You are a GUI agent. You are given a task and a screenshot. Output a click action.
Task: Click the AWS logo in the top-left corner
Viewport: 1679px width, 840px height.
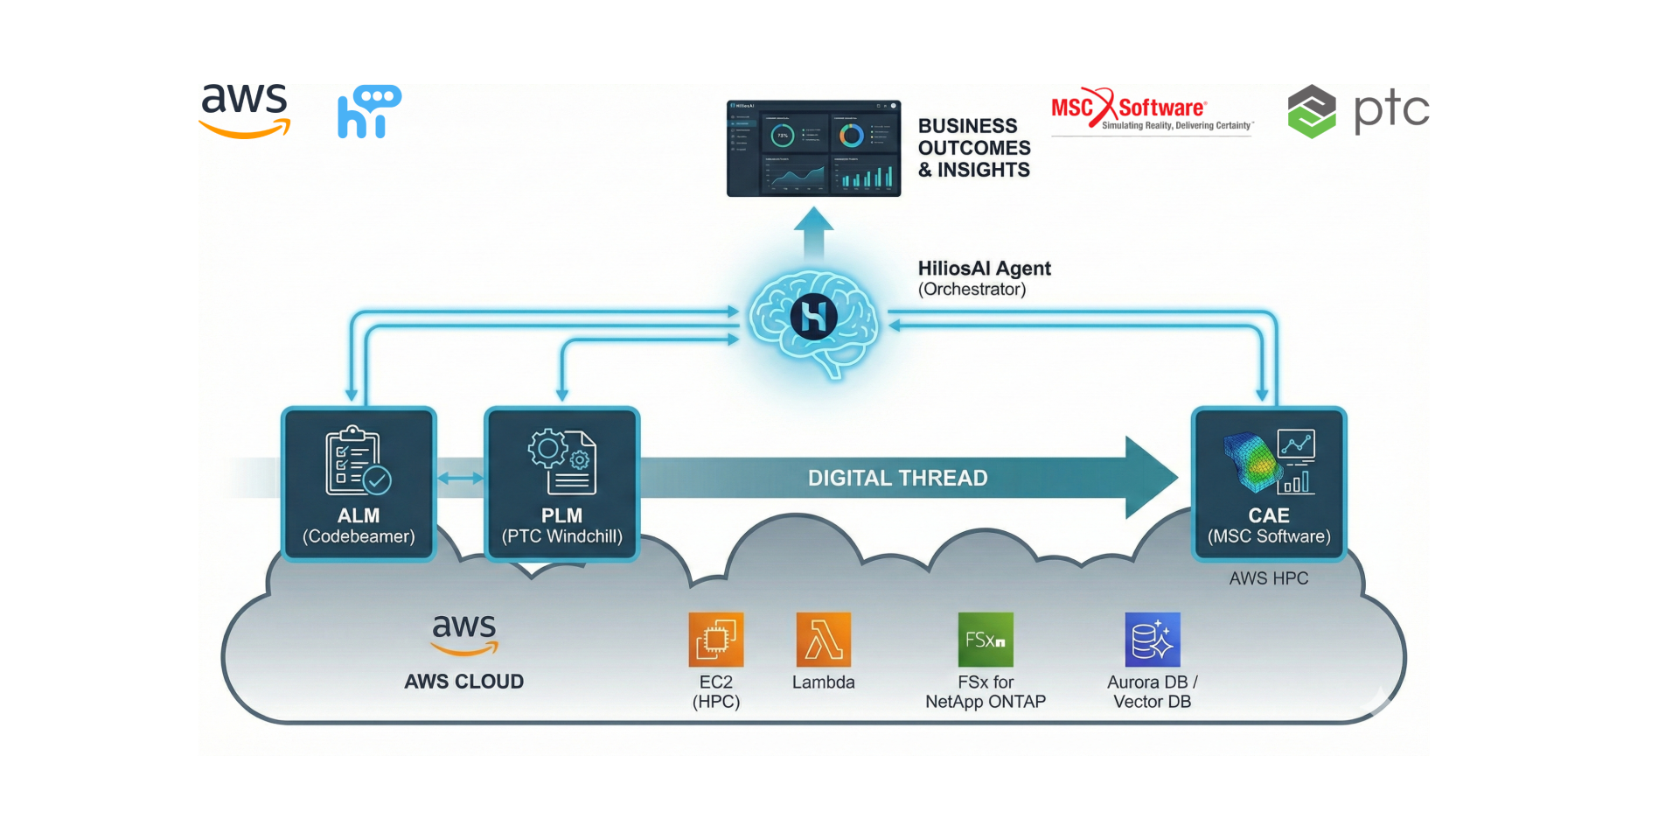(245, 110)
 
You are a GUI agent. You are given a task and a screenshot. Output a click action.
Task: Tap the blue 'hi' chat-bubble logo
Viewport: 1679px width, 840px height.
(369, 112)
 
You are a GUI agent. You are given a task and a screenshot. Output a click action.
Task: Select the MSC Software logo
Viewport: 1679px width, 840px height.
(1151, 111)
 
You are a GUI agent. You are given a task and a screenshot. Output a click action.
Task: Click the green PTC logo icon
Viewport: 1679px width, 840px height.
(1312, 112)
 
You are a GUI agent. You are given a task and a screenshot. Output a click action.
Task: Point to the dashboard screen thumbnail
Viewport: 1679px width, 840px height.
(813, 148)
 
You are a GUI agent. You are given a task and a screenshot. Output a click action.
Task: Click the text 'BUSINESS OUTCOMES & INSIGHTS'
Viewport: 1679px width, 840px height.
(973, 148)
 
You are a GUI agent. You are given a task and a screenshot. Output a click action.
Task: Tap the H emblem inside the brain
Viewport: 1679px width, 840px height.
(813, 317)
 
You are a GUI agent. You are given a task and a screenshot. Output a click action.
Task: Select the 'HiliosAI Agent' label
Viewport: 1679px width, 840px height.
(984, 269)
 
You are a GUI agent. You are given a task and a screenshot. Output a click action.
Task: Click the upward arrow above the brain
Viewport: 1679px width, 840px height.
(813, 232)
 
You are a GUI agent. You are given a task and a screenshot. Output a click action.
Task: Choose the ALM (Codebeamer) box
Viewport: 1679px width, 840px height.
(359, 484)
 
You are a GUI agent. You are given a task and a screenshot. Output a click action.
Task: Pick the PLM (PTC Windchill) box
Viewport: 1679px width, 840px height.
(561, 484)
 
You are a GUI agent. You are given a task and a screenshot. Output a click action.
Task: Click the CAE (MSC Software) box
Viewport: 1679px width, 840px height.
(1268, 484)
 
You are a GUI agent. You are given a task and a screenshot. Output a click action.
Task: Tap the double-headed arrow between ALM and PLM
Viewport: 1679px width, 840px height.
(460, 478)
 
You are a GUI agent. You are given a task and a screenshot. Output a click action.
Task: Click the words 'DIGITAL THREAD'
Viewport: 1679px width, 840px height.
(897, 478)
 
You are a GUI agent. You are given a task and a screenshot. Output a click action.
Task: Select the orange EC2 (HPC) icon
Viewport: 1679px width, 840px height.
(716, 640)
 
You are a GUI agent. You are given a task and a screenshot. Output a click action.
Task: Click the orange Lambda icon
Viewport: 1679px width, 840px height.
(823, 640)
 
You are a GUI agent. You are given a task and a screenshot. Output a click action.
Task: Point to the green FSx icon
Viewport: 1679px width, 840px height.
(986, 640)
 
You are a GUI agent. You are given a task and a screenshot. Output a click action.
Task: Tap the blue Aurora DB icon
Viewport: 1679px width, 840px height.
(1152, 640)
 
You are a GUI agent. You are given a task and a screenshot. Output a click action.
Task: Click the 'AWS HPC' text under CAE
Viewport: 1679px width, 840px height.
(1268, 578)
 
